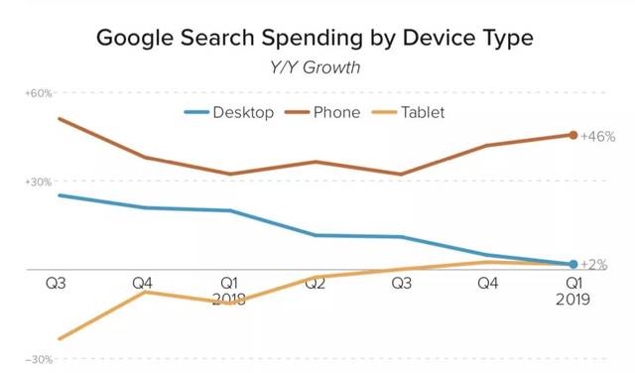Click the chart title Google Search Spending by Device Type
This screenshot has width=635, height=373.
pos(315,38)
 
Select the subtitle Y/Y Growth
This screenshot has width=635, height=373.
pos(315,67)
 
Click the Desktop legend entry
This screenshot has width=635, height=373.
pos(229,112)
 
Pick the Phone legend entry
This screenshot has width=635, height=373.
pos(322,112)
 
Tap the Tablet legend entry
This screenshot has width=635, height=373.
pos(408,112)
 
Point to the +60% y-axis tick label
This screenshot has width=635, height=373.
pos(39,93)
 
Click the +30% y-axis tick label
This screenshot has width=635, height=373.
pos(39,182)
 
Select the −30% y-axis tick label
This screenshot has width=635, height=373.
pos(39,359)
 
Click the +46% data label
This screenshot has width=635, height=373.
pos(598,137)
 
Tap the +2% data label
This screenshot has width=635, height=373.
pos(594,265)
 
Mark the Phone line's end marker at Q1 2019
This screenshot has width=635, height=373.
pos(573,135)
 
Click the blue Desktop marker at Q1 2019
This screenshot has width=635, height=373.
pos(573,264)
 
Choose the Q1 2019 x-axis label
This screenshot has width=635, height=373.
pos(572,292)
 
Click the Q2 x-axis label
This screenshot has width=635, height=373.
pos(316,283)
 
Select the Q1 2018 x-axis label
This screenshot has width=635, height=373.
pos(229,292)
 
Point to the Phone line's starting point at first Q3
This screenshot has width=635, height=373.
pos(60,119)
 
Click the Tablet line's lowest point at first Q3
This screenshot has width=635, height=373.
pos(60,338)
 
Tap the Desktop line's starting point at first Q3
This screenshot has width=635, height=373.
pos(60,195)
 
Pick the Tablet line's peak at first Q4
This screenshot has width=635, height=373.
pos(144,292)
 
